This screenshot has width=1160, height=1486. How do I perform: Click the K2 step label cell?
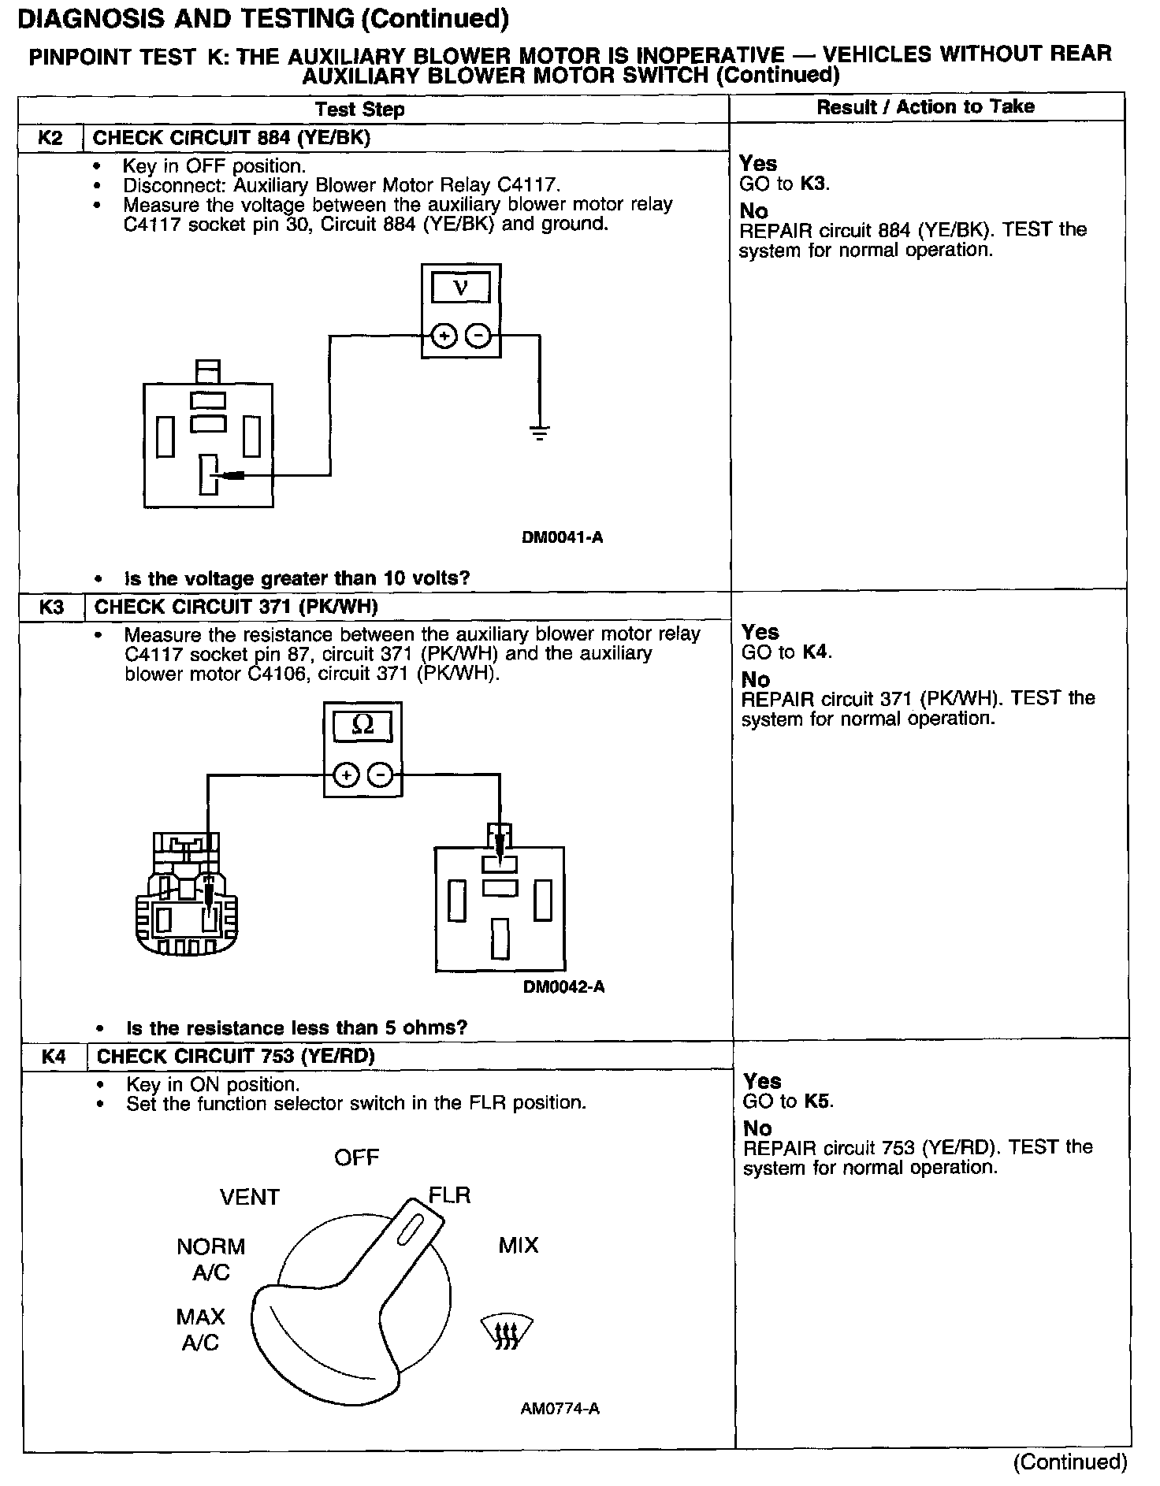50,138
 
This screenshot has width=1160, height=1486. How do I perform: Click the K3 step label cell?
52,607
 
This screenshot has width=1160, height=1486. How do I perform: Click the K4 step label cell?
54,1057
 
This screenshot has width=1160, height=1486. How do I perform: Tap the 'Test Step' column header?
360,109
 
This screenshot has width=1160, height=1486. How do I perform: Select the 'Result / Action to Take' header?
925,107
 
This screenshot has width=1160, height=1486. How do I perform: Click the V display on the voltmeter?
461,288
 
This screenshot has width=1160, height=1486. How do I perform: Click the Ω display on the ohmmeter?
362,725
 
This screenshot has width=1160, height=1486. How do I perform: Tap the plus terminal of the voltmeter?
444,336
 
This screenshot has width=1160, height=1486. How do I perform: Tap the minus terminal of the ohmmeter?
381,775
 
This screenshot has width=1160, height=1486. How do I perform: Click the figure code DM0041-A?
562,537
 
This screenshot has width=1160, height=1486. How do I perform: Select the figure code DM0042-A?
563,986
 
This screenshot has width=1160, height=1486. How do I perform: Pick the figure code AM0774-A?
560,1408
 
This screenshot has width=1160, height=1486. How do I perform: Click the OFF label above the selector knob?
356,1157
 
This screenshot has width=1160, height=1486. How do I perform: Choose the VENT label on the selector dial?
250,1198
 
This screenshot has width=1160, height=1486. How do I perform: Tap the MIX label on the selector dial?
519,1245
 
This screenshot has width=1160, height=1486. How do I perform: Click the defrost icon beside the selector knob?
505,1332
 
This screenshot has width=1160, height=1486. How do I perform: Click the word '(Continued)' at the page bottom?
1070,1462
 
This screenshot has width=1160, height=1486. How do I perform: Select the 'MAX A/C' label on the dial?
200,1329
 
